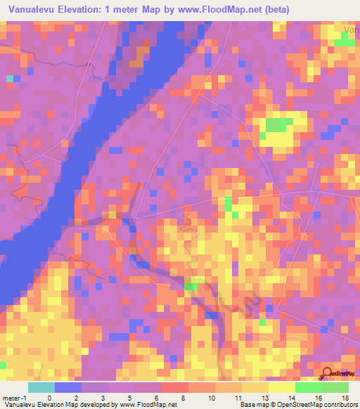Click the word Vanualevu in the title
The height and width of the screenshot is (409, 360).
[x=30, y=10]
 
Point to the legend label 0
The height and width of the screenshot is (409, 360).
[x=49, y=397]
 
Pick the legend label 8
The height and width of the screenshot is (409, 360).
[x=183, y=397]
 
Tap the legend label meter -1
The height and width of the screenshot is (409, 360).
[x=15, y=397]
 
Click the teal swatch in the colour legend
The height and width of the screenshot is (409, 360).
[x=41, y=387]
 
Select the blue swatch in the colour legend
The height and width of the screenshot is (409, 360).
[x=68, y=387]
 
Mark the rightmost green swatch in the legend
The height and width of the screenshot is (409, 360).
[x=335, y=387]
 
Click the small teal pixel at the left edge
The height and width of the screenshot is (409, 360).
[x=10, y=79]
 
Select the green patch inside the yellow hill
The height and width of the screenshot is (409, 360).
[x=276, y=125]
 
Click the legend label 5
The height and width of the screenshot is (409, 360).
[x=129, y=397]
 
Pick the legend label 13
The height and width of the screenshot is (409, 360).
[x=264, y=397]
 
